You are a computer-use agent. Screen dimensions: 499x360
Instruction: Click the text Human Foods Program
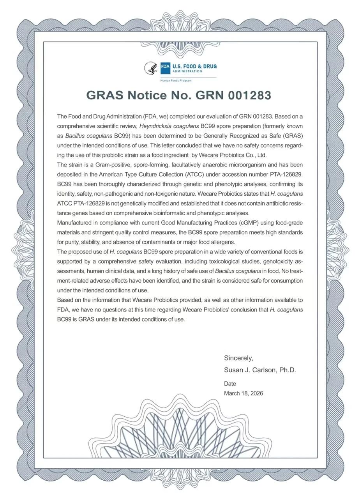(176, 81)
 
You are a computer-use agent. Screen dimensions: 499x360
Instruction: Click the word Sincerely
(238, 358)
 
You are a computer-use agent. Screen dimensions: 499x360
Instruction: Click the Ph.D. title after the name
(288, 370)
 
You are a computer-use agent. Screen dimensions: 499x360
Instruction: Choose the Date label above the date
(230, 384)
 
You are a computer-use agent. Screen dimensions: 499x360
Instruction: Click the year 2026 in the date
(256, 393)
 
